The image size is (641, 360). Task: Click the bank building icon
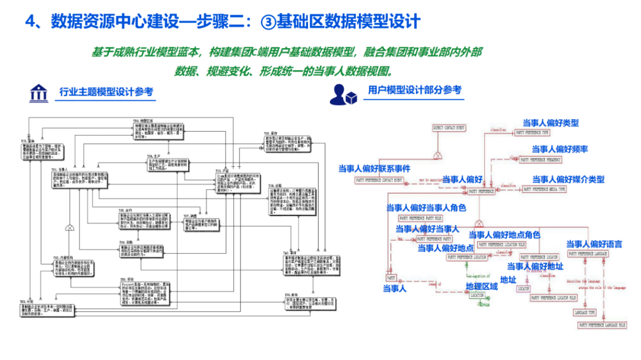pyautogui.click(x=39, y=93)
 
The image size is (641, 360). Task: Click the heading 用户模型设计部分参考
pyautogui.click(x=414, y=90)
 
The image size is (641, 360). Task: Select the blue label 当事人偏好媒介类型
pyautogui.click(x=568, y=179)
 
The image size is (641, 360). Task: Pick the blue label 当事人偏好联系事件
pyautogui.click(x=374, y=168)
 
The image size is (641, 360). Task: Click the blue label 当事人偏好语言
pyautogui.click(x=594, y=244)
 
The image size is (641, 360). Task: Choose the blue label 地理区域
pyautogui.click(x=481, y=286)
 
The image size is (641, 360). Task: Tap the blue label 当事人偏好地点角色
pyautogui.click(x=504, y=235)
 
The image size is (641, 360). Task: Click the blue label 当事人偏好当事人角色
pyautogui.click(x=426, y=208)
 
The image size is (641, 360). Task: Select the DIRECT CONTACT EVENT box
pyautogui.click(x=449, y=128)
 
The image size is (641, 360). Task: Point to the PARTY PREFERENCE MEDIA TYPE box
pyautogui.click(x=544, y=189)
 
